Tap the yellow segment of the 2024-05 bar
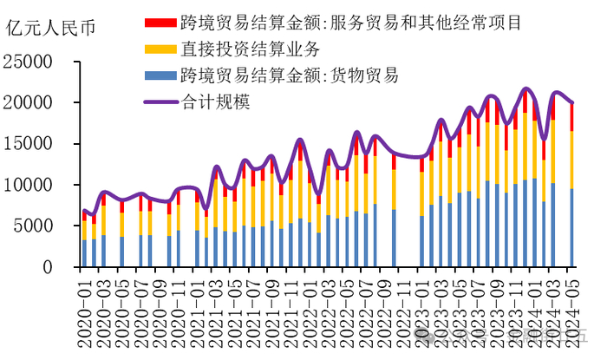coord(572,160)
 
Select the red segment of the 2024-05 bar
coord(572,117)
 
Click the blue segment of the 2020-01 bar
coord(84,253)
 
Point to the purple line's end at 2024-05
coord(572,102)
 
